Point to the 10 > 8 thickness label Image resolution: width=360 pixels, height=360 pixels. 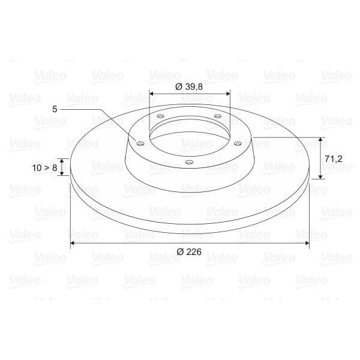click(45, 167)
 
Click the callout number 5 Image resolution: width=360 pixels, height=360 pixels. click(55, 109)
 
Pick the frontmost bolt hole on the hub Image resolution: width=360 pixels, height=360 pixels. click(188, 162)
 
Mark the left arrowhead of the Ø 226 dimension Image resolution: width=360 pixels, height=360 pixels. click(73, 243)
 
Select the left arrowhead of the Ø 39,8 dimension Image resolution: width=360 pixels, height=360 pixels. click(151, 94)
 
